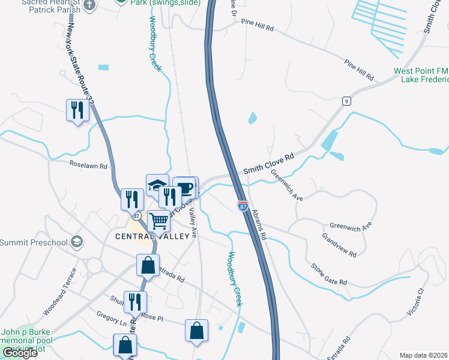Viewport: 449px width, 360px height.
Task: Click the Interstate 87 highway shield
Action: (x=243, y=206)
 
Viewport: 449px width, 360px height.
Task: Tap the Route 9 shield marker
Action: (x=347, y=101)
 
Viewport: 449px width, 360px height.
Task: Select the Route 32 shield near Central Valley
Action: (x=136, y=215)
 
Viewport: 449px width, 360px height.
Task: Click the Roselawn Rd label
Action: (x=88, y=166)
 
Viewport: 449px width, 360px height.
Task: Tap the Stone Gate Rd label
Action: (x=328, y=274)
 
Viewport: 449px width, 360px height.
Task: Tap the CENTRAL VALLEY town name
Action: (x=156, y=236)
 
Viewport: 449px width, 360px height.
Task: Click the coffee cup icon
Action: (x=185, y=188)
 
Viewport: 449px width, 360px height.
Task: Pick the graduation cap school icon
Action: (x=157, y=184)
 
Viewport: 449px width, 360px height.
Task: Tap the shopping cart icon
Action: (x=159, y=221)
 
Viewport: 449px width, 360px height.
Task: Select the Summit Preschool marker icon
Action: (x=76, y=242)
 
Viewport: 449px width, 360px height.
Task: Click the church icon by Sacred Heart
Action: (x=89, y=5)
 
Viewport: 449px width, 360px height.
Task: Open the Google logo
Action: (x=20, y=353)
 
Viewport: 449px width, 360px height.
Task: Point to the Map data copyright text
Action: (x=424, y=355)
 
